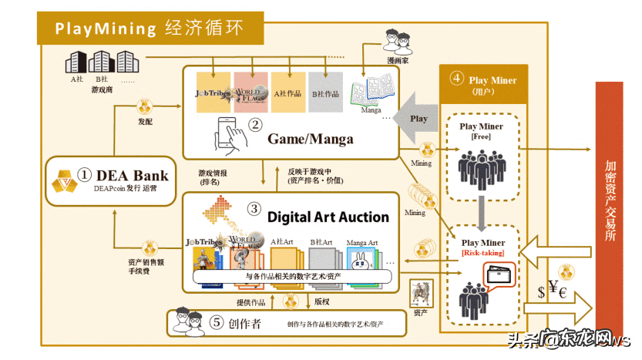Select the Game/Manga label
click(311, 139)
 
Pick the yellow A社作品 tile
click(288, 93)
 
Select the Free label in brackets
click(481, 136)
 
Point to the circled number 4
click(457, 79)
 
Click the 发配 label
click(146, 122)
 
